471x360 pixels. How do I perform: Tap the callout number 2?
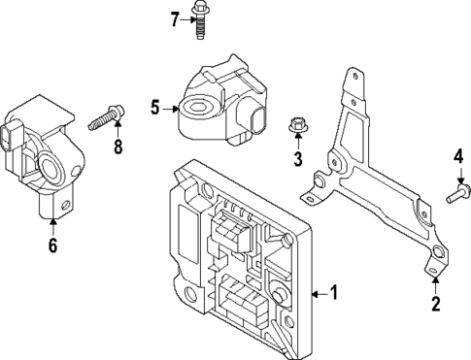point(435,306)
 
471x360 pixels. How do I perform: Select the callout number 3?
point(298,158)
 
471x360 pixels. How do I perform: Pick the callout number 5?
point(155,107)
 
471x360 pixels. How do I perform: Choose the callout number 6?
point(52,245)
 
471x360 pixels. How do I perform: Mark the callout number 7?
point(176,18)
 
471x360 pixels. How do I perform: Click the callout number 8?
point(118,147)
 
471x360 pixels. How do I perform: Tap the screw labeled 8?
point(105,120)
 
